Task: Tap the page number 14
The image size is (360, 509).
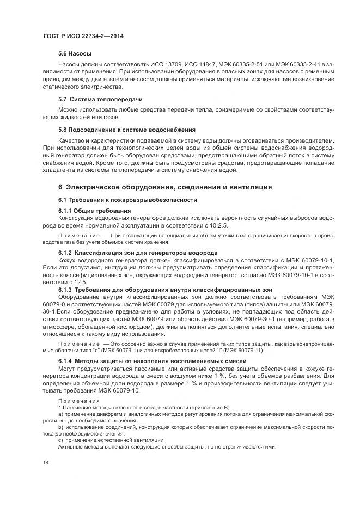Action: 46,463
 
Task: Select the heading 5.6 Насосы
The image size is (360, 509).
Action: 75,54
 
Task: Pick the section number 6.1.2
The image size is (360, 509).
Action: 65,253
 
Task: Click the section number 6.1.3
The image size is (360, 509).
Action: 65,290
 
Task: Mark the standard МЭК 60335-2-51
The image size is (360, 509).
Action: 244,64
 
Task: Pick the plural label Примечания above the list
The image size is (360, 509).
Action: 76,401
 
